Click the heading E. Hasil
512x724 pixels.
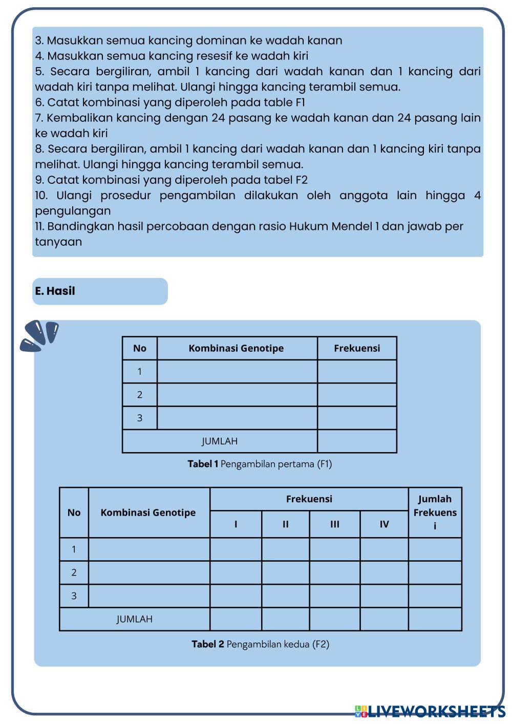pyautogui.click(x=55, y=291)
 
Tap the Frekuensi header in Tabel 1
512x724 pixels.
pyautogui.click(x=357, y=348)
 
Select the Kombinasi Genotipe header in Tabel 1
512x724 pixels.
pyautogui.click(x=236, y=348)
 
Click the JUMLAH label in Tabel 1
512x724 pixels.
pyautogui.click(x=220, y=441)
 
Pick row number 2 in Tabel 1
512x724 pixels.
pyautogui.click(x=139, y=395)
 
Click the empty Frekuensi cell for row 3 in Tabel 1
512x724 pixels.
pyautogui.click(x=357, y=418)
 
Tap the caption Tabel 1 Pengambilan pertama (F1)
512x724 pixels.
pyautogui.click(x=260, y=464)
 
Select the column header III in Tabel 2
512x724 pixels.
pyautogui.click(x=334, y=524)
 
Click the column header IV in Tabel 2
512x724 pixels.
pyautogui.click(x=384, y=524)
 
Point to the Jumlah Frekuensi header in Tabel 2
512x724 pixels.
pyautogui.click(x=435, y=512)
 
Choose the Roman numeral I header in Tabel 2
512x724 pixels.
pyautogui.click(x=236, y=524)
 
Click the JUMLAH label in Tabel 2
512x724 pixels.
pyautogui.click(x=134, y=619)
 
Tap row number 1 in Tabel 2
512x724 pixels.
pyautogui.click(x=74, y=549)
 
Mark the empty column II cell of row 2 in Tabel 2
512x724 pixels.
pyautogui.click(x=285, y=572)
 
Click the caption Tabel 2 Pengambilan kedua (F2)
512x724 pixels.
pyautogui.click(x=260, y=644)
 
